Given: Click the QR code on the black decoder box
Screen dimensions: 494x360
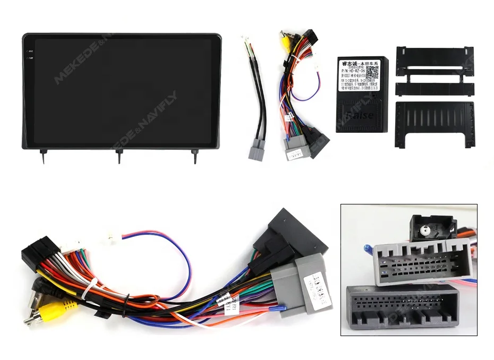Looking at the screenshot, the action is [x=372, y=73].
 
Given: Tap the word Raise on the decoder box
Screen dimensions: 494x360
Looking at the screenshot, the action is [x=363, y=115].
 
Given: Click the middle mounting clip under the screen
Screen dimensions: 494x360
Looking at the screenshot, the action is [x=118, y=156].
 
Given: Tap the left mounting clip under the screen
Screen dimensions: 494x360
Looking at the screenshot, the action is [x=42, y=156].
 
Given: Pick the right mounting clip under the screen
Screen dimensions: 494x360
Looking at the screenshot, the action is [x=195, y=156].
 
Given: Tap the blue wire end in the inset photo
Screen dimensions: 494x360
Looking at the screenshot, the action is [x=367, y=246].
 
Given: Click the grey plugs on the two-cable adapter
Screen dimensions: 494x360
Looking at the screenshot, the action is [x=257, y=149].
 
